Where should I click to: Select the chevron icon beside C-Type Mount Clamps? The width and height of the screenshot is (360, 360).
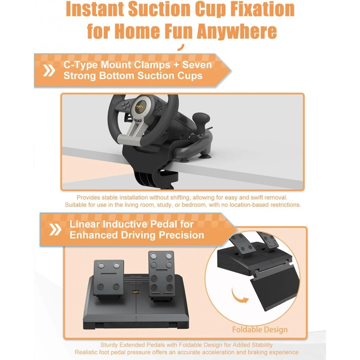click(49, 70)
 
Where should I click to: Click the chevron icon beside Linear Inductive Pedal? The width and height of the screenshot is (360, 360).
click(55, 229)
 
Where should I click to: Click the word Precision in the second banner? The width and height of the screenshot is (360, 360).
click(181, 235)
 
